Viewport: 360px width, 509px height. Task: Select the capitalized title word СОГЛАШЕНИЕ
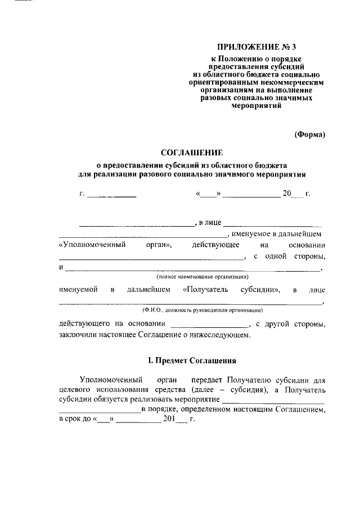192,152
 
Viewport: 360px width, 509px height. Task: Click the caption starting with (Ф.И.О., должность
203,310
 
